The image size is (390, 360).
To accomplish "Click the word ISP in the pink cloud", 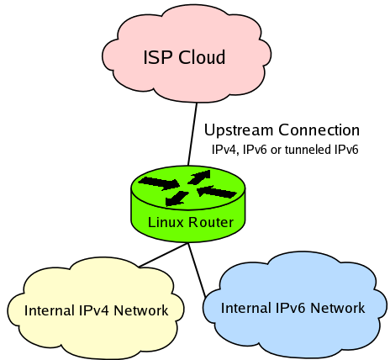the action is [157, 57].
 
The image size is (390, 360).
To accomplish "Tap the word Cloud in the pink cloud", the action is [202, 57].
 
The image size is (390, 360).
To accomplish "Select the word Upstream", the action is [239, 131].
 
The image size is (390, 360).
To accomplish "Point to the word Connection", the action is [319, 130].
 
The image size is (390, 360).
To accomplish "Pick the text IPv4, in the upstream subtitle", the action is [225, 150].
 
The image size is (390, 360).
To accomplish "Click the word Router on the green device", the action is [211, 222].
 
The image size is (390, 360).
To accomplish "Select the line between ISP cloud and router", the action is [192, 134].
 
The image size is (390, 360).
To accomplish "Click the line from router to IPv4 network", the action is [163, 255].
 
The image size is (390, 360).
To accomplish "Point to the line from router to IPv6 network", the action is [197, 269].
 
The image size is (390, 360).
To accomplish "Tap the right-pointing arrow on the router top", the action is [159, 183].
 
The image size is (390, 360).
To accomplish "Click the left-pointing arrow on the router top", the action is [217, 192].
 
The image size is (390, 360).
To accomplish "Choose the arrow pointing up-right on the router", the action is [199, 177].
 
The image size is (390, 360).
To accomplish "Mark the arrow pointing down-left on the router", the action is [177, 199].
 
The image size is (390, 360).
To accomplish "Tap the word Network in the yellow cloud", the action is [141, 310].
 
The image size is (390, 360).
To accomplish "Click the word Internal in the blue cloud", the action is [245, 308].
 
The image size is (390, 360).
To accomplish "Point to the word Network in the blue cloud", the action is [338, 308].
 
